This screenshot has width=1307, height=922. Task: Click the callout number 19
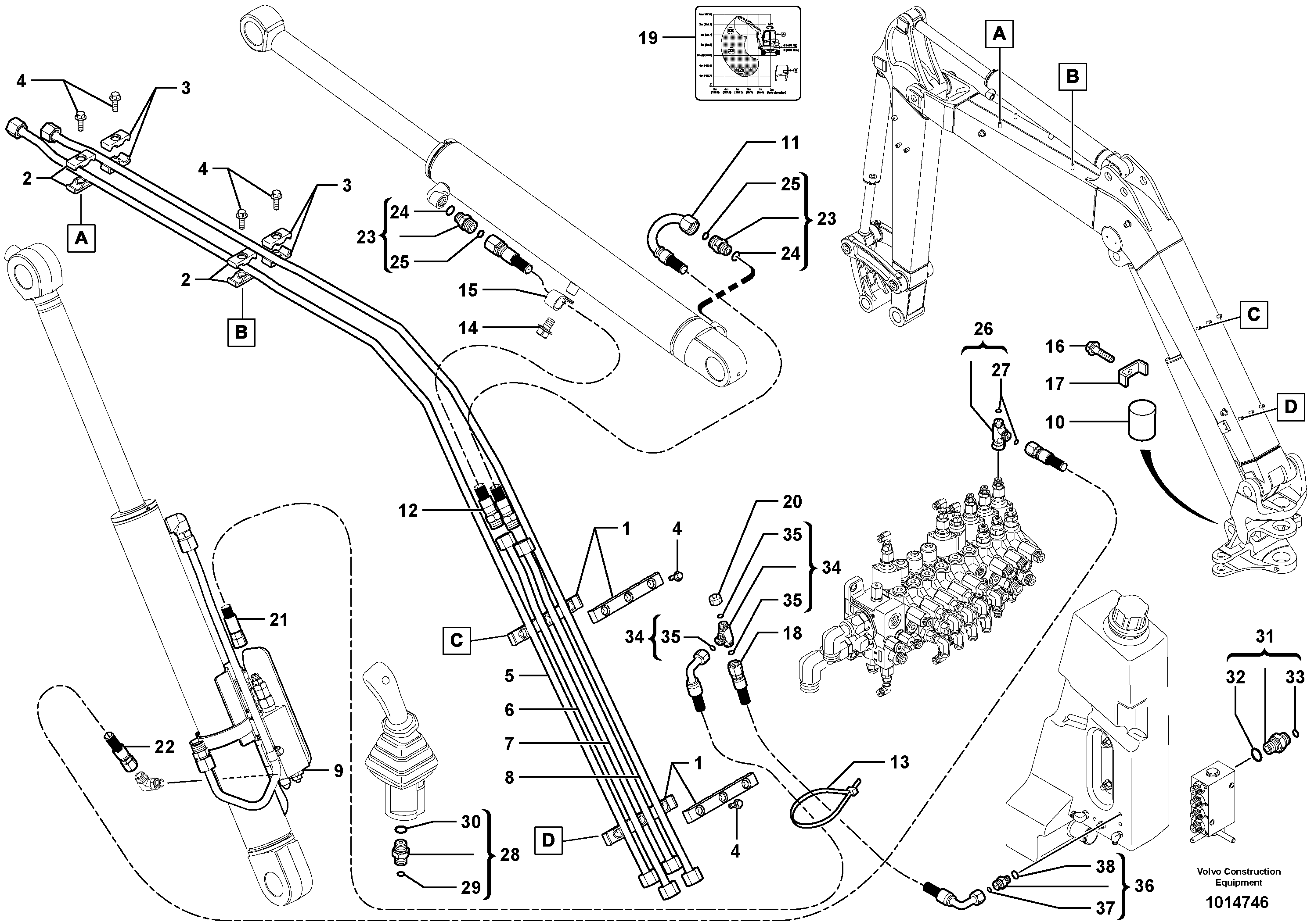pyautogui.click(x=648, y=38)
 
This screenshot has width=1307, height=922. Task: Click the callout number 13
pyautogui.click(x=900, y=762)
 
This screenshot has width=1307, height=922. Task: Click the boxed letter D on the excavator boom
pyautogui.click(x=1290, y=407)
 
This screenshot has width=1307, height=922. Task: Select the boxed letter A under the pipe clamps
pyautogui.click(x=81, y=238)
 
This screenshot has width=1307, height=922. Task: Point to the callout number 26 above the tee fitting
pyautogui.click(x=983, y=329)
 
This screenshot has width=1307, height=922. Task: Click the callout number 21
pyautogui.click(x=278, y=619)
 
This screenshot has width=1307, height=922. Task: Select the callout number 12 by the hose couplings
pyautogui.click(x=407, y=510)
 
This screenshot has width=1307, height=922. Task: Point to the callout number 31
pyautogui.click(x=1264, y=636)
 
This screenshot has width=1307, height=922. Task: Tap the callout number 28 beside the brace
pyautogui.click(x=509, y=854)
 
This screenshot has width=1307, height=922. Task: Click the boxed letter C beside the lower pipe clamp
pyautogui.click(x=457, y=640)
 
